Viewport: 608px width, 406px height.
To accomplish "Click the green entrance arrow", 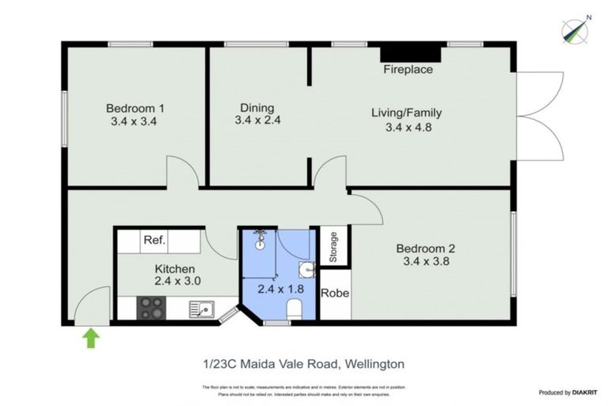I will coord(91,339).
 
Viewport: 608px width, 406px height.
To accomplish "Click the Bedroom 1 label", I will coord(135,115).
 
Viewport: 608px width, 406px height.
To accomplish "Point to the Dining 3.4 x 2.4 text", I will coord(257,114).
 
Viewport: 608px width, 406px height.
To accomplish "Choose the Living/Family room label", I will coord(406,120).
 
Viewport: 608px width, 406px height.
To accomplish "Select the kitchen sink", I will coord(202,308).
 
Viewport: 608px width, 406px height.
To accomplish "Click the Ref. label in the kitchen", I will coord(153,240).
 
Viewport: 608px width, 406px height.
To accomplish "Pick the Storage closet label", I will coord(334,247).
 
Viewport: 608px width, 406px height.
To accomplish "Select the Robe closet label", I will coord(335,293).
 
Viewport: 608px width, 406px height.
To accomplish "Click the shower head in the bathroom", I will coord(260,236).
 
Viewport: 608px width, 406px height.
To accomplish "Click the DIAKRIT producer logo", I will coord(568,393).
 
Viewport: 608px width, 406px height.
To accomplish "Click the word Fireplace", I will coord(408,70).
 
